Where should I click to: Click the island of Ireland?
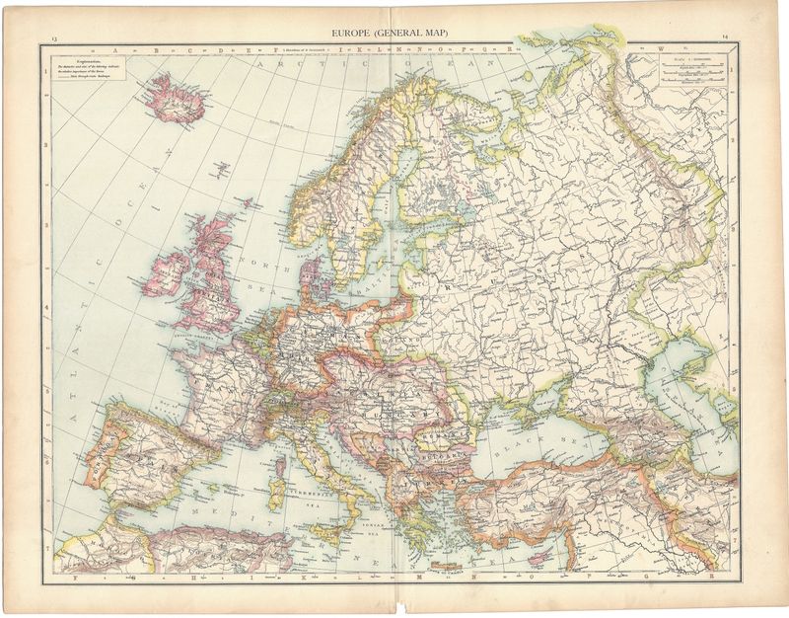tap(167, 271)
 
